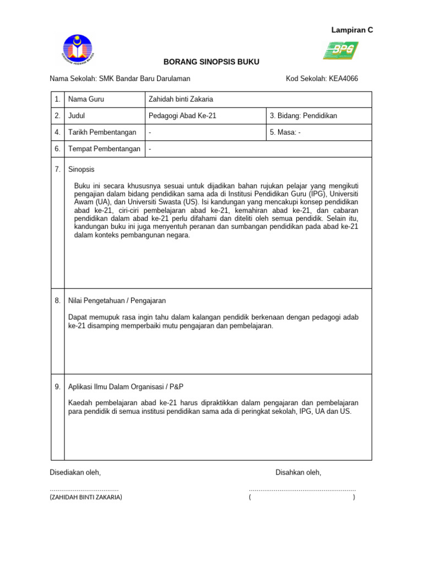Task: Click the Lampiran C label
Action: point(352,30)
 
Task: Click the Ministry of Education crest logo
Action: point(78,50)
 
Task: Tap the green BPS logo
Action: point(340,50)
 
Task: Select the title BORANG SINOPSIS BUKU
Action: point(211,62)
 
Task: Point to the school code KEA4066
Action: point(343,79)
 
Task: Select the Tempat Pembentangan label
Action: point(104,149)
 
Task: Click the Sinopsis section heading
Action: point(82,169)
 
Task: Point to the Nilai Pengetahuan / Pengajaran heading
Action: point(117,301)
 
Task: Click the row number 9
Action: point(57,387)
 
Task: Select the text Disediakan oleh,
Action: point(75,472)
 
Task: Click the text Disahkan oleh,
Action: point(298,472)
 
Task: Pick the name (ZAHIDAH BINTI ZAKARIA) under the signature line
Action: point(86,497)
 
